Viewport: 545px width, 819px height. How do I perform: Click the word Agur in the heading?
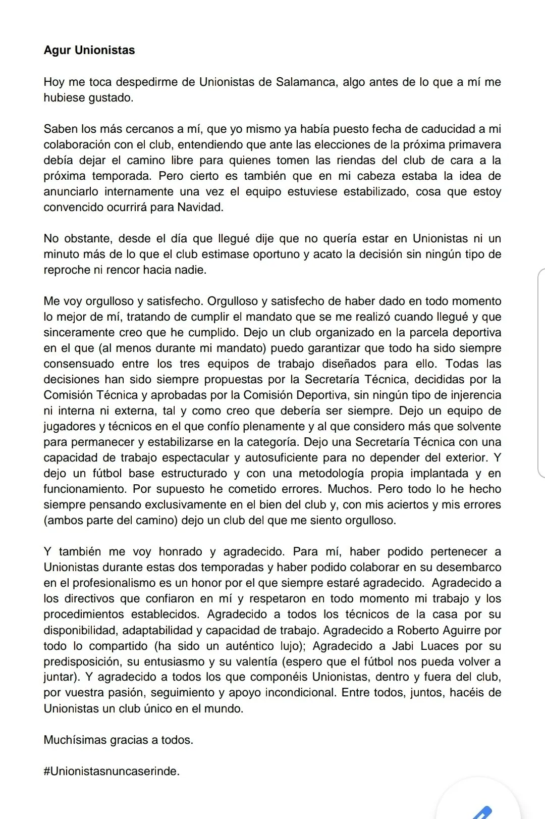[58, 50]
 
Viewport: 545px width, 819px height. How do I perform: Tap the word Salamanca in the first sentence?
[305, 82]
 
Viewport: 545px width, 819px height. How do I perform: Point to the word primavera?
[474, 144]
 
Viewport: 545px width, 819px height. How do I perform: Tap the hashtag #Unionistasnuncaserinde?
[112, 771]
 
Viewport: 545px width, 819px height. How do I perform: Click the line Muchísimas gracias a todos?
[119, 740]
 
